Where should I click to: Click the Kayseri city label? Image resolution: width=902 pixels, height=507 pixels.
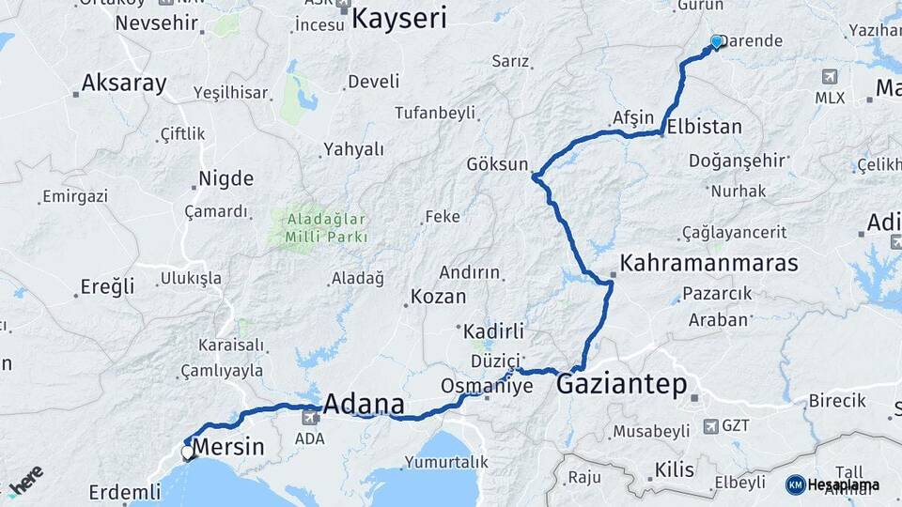pyautogui.click(x=400, y=18)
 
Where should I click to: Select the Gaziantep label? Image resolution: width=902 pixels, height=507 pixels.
pyautogui.click(x=621, y=385)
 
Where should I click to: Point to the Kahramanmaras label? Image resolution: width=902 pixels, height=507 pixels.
pyautogui.click(x=709, y=263)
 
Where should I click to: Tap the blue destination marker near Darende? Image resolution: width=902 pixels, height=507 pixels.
pyautogui.click(x=717, y=41)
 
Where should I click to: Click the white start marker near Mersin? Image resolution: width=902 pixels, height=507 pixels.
pyautogui.click(x=188, y=453)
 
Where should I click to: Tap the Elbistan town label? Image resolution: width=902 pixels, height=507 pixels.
pyautogui.click(x=702, y=127)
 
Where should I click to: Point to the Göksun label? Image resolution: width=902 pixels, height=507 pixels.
pyautogui.click(x=497, y=164)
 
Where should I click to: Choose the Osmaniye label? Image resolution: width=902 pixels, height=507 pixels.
pyautogui.click(x=488, y=387)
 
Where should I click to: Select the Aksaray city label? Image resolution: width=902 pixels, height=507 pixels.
pyautogui.click(x=123, y=84)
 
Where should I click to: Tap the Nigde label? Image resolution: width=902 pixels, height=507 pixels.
pyautogui.click(x=225, y=178)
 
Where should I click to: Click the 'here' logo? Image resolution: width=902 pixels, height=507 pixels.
pyautogui.click(x=27, y=480)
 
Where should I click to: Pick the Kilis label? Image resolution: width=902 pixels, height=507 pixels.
pyautogui.click(x=674, y=469)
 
